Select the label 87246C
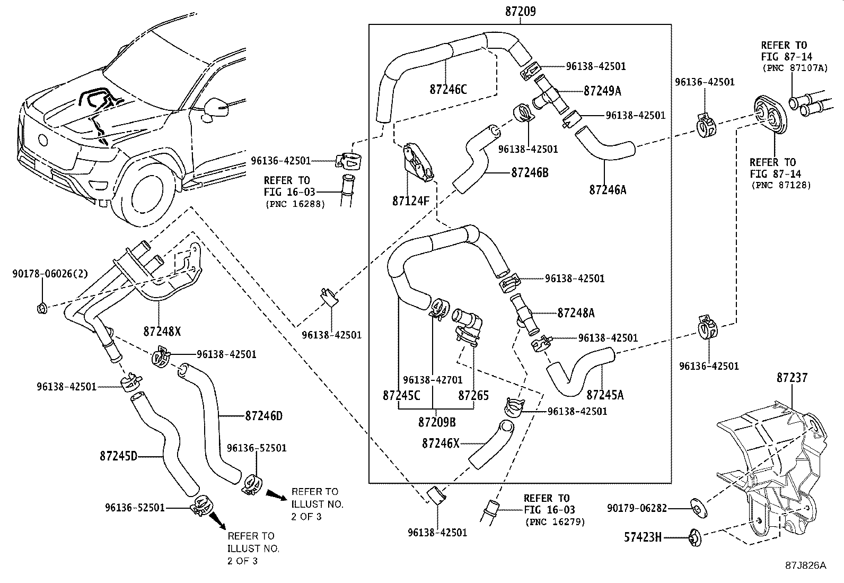(x=448, y=89)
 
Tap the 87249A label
(x=602, y=91)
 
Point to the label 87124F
(x=410, y=201)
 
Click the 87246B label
(x=530, y=172)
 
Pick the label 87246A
(x=608, y=189)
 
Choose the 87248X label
(x=162, y=332)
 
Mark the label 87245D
(x=118, y=456)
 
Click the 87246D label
(x=263, y=416)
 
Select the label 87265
(x=473, y=396)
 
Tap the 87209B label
(x=436, y=422)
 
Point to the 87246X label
(x=441, y=443)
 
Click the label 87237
(x=792, y=378)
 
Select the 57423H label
(x=643, y=538)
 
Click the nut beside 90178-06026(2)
(x=43, y=307)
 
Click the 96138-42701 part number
(x=433, y=380)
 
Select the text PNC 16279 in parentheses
(x=555, y=522)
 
